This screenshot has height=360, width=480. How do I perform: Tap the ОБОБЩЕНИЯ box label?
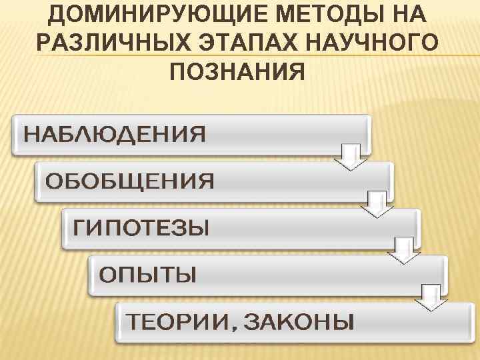(x=129, y=181)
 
